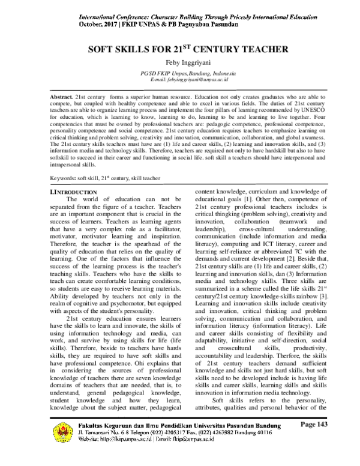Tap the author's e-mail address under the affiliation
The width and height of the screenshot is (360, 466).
pos(179,80)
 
